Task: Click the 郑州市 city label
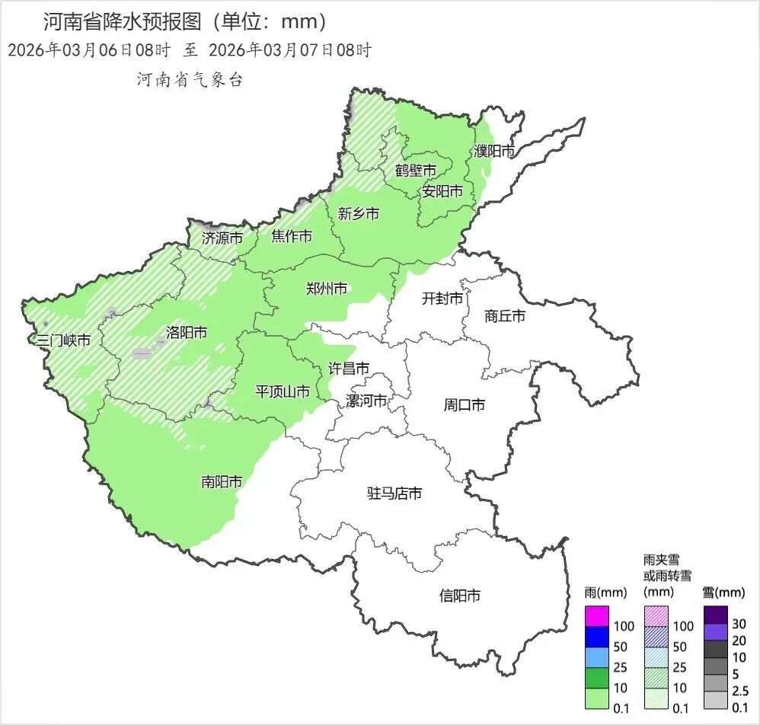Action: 326,289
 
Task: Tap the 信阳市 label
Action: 460,596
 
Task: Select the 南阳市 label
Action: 222,481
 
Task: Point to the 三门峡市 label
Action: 63,340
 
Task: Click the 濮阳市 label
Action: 493,151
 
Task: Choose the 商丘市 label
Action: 505,315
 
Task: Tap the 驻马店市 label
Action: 394,493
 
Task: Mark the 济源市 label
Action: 222,238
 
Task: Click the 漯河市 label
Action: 366,401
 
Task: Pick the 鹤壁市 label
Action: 416,170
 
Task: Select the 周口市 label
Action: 464,404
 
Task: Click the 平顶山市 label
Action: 282,391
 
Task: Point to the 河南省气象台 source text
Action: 189,80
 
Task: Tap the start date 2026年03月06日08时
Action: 88,51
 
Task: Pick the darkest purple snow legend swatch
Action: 715,614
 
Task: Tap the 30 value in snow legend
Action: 739,624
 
